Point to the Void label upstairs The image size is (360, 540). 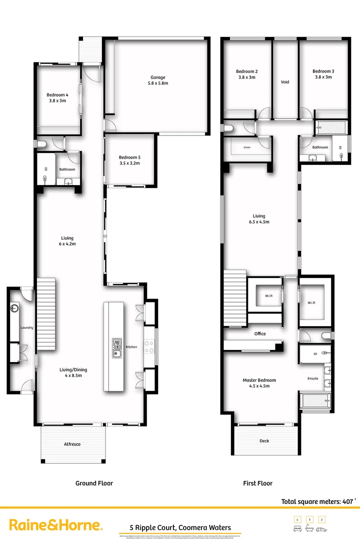click(285, 82)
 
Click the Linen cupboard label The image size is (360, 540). click(247, 148)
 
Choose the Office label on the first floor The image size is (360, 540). click(260, 333)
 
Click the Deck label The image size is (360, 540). click(264, 441)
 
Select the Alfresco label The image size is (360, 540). click(72, 444)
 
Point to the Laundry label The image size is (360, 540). click(26, 328)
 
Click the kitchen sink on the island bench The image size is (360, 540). click(116, 348)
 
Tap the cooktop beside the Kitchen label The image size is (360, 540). click(149, 346)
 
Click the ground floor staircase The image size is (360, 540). click(45, 315)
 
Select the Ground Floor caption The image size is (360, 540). click(94, 483)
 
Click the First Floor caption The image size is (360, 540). click(258, 483)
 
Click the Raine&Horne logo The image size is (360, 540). click(56, 525)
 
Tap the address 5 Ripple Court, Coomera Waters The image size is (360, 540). click(180, 527)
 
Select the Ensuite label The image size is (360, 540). click(313, 378)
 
